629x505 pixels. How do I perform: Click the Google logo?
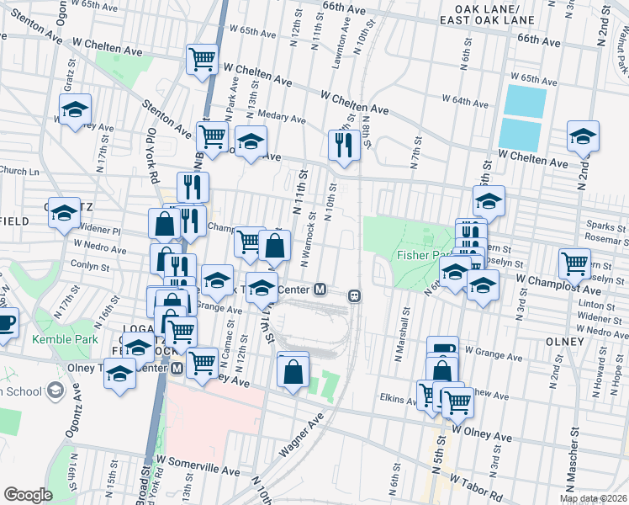point(28,495)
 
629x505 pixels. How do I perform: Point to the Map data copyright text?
point(594,498)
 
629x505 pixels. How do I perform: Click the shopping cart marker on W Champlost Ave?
point(574,262)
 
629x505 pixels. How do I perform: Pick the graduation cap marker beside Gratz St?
point(75,109)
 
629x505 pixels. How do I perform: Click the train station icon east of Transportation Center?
point(355,295)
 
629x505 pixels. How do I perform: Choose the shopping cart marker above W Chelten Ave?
point(203,59)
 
